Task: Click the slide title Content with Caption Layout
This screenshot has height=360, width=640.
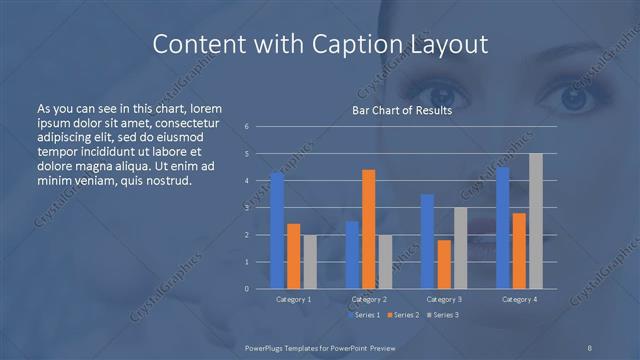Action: tap(319, 44)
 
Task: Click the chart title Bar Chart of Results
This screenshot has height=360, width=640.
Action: tap(402, 110)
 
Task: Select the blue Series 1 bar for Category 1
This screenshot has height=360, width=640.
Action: tap(277, 230)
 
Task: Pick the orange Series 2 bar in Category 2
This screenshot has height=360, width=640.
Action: tap(368, 229)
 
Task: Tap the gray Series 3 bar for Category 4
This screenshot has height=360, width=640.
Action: tap(535, 221)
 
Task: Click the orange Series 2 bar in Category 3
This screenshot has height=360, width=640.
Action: tap(443, 264)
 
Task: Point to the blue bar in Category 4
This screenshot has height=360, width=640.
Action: tap(503, 228)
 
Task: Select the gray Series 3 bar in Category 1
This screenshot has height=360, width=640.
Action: tap(309, 262)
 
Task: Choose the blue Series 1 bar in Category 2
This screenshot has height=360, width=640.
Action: tap(352, 255)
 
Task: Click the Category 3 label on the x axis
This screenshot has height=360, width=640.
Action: tap(443, 299)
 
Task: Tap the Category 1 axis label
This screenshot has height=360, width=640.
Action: tap(293, 299)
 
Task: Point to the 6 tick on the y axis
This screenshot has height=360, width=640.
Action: tap(247, 127)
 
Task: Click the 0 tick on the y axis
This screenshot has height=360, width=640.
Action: tap(247, 289)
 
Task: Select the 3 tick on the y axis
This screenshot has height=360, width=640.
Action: tap(247, 208)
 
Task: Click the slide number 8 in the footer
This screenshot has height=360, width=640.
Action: tap(590, 346)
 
